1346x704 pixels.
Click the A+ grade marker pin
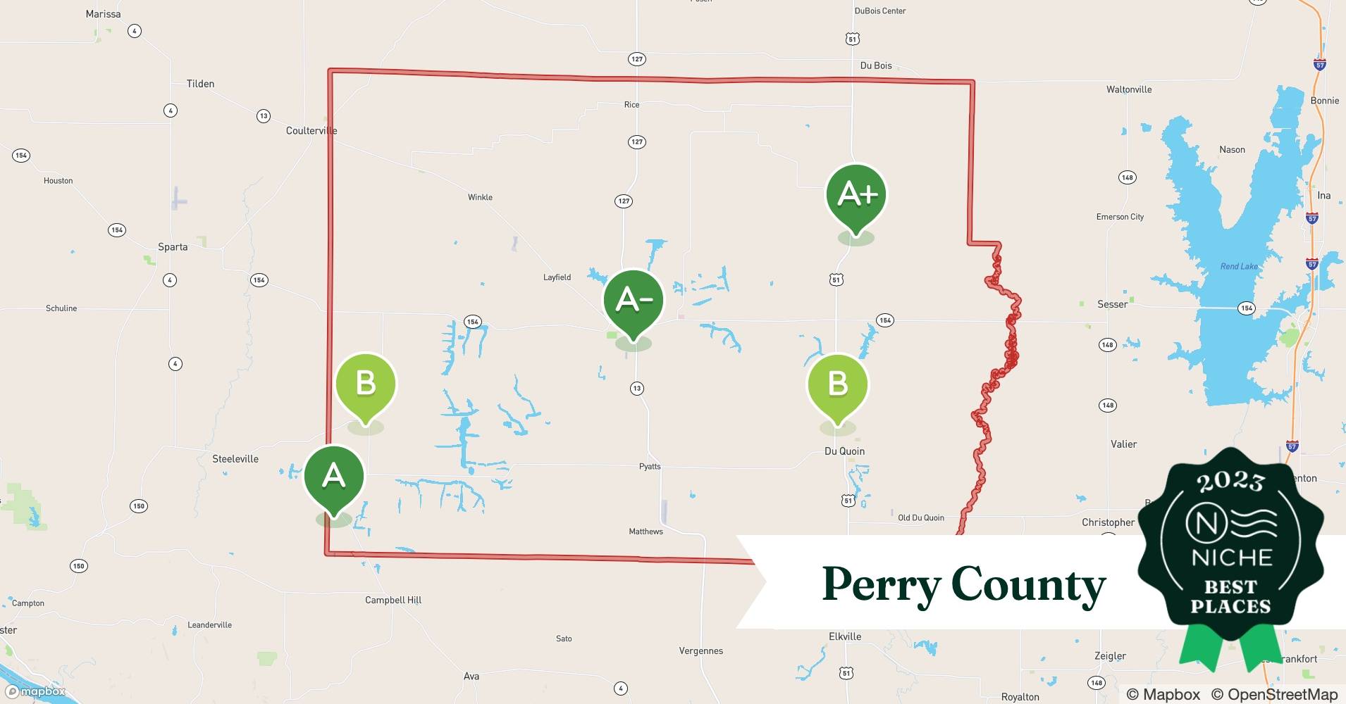coord(856,196)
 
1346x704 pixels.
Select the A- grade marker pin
coord(633,301)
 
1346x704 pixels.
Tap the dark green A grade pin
coord(333,477)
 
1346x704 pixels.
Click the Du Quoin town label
coord(844,451)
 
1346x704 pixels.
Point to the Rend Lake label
coord(1239,266)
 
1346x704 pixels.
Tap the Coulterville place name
coord(311,131)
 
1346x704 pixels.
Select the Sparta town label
coord(173,247)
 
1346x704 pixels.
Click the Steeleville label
coord(235,459)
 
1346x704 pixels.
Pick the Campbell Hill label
coord(393,601)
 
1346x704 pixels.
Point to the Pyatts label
coord(650,466)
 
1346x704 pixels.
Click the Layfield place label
coord(557,277)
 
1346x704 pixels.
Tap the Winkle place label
coord(480,197)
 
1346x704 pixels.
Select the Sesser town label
coord(1112,304)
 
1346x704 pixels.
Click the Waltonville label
coord(1129,89)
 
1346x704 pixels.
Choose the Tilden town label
coord(200,84)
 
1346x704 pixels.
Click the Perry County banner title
coord(963,584)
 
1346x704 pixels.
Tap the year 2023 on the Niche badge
coord(1230,482)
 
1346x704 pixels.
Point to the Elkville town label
coord(845,636)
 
